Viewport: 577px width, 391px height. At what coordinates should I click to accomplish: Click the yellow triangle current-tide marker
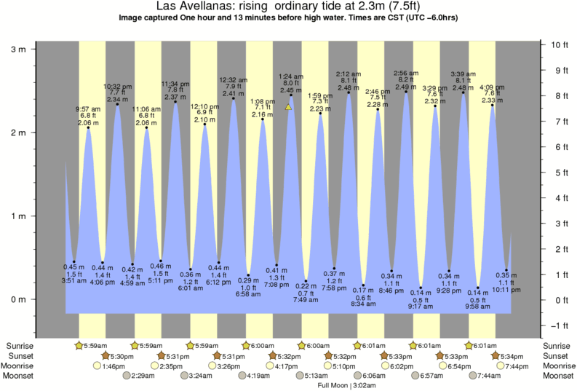[x=289, y=107]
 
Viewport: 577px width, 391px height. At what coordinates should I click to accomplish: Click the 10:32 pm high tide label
[x=117, y=86]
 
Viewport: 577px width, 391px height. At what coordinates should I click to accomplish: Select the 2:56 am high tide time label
[x=406, y=74]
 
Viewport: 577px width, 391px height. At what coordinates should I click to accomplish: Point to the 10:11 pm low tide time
[x=506, y=289]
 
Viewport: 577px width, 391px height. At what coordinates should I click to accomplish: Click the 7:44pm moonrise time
[x=516, y=366]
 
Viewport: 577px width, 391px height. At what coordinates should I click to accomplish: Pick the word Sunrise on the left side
[x=20, y=345]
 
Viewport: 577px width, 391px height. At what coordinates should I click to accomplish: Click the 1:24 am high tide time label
[x=291, y=76]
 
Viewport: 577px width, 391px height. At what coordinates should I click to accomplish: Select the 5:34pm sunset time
[x=511, y=355]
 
